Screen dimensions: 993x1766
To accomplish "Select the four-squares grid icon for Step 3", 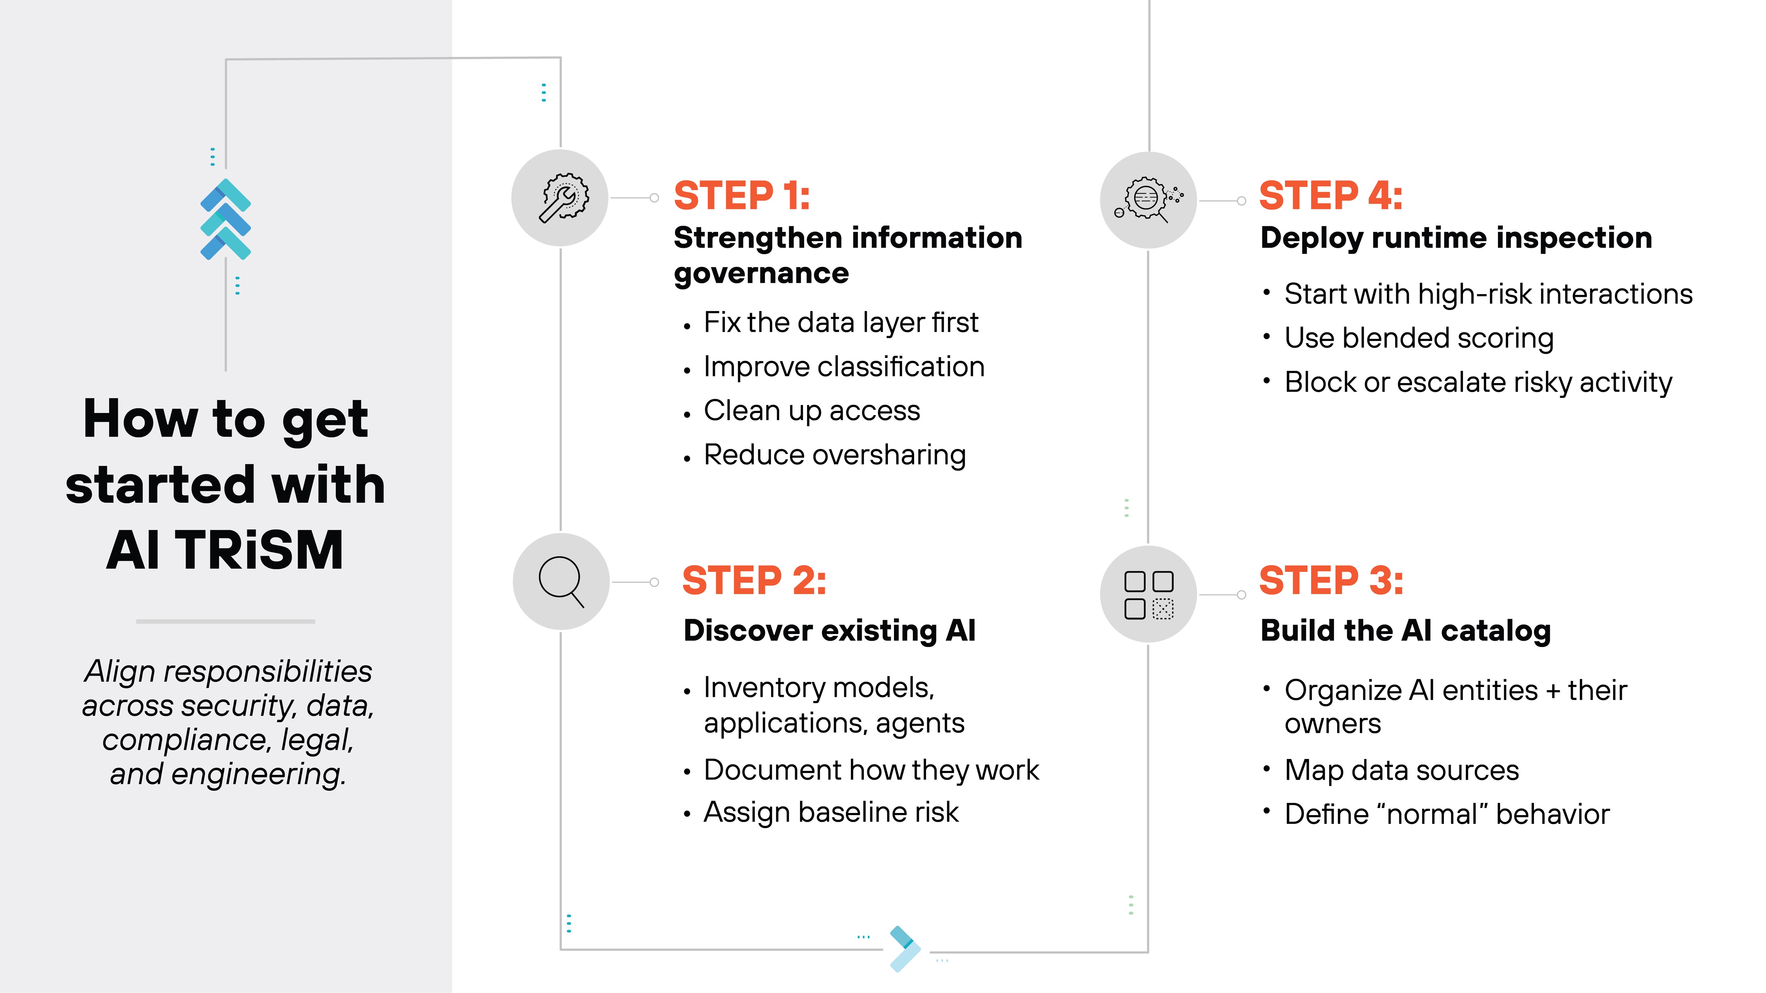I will point(1148,594).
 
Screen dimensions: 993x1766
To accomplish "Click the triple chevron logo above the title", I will point(226,219).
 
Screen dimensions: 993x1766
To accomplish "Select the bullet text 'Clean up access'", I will point(812,411).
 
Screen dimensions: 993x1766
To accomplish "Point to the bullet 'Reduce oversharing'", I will point(834,455).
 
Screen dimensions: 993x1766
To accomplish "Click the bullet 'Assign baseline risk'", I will point(831,813).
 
